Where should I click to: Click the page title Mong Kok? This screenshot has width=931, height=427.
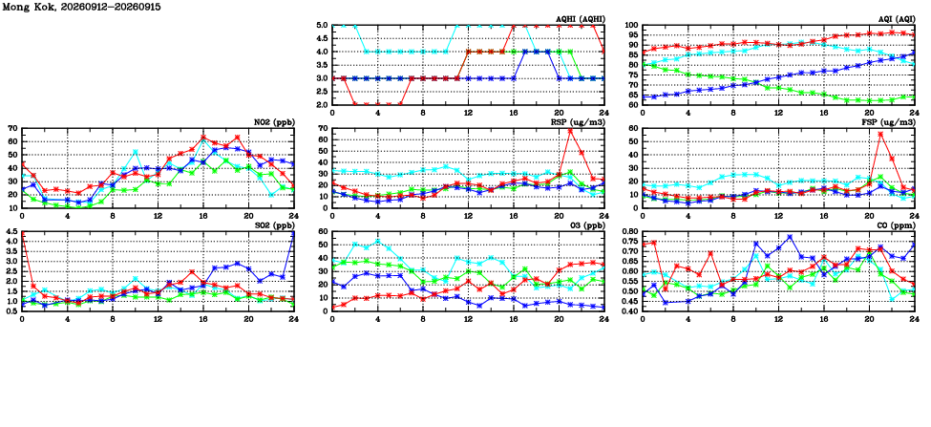click(x=22, y=7)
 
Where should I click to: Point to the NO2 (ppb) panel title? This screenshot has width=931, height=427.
click(x=274, y=122)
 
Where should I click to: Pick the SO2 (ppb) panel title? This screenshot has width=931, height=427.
click(x=274, y=225)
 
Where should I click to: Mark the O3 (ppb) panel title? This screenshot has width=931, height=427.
click(x=586, y=225)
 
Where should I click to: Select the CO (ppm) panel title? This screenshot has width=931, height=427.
click(x=897, y=225)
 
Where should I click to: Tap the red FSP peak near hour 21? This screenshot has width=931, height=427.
click(x=880, y=134)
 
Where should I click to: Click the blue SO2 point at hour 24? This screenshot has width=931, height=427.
click(x=293, y=233)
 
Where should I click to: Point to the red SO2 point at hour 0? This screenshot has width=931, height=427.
click(x=23, y=233)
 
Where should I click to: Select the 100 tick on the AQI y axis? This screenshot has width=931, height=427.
click(x=630, y=26)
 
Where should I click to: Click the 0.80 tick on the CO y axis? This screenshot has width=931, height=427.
click(x=628, y=231)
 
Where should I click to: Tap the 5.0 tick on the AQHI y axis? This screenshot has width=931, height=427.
click(x=321, y=26)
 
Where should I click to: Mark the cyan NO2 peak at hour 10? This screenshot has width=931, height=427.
click(x=136, y=152)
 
